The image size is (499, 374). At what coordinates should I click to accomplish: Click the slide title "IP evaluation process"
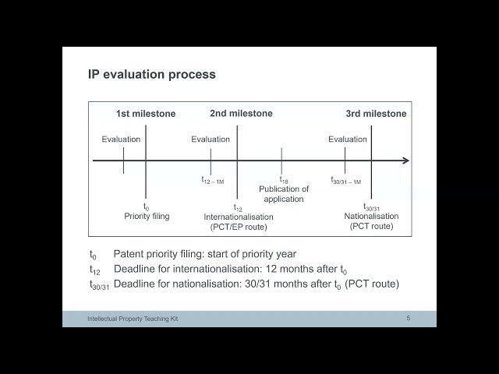click(151, 75)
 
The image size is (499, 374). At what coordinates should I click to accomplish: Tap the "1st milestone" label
click(146, 114)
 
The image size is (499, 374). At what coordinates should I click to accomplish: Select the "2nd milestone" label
click(241, 114)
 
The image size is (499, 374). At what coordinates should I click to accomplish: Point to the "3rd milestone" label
click(376, 114)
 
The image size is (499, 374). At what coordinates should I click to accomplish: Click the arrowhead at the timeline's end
click(405, 161)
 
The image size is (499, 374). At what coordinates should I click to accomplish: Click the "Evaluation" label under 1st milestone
click(121, 139)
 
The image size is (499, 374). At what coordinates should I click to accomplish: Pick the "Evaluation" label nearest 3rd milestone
click(347, 139)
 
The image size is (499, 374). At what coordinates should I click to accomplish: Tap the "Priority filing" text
click(147, 217)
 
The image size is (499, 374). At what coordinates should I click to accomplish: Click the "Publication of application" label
click(284, 194)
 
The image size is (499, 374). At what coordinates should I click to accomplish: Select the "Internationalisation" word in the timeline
click(239, 217)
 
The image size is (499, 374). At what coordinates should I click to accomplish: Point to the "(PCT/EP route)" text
click(239, 227)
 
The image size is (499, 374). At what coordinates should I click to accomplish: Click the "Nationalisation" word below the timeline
click(371, 217)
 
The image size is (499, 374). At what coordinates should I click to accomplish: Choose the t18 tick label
click(284, 181)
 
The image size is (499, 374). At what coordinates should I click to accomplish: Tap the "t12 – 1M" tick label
click(212, 180)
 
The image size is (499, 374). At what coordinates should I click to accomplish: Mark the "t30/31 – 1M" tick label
click(345, 180)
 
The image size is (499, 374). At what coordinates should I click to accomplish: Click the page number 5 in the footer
click(408, 318)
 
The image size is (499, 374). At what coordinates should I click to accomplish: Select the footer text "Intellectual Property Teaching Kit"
click(133, 319)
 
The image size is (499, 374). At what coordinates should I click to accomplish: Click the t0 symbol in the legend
click(93, 255)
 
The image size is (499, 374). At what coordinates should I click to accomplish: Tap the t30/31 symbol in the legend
click(99, 285)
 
